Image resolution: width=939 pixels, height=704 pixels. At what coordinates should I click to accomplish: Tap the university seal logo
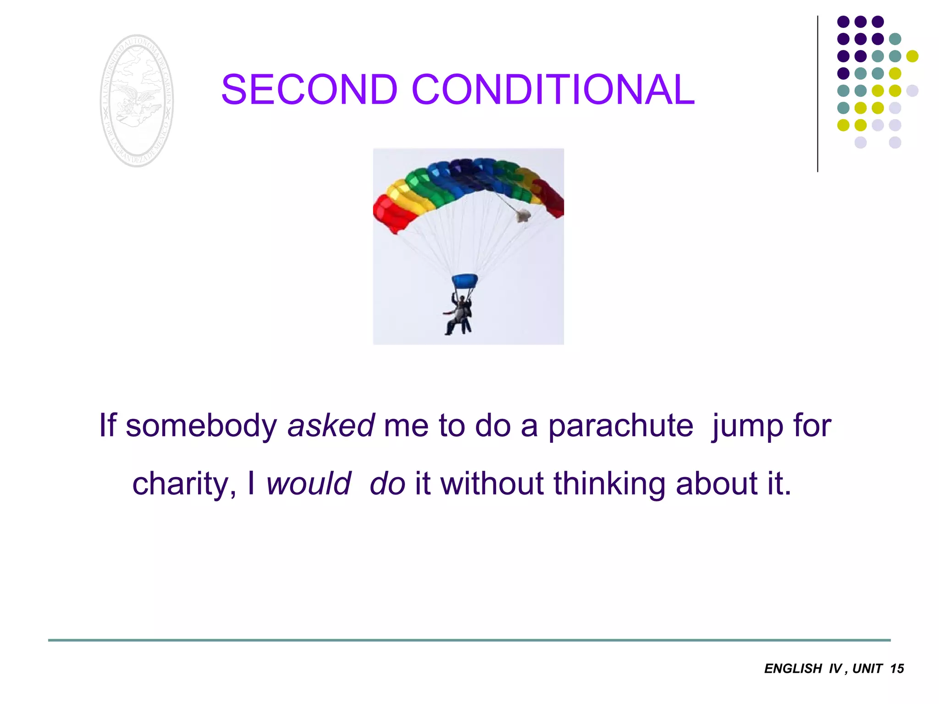137,101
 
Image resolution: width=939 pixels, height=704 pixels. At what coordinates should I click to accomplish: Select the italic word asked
331,426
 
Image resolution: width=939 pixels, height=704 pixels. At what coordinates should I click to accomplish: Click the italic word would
309,484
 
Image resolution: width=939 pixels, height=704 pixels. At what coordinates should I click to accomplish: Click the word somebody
201,426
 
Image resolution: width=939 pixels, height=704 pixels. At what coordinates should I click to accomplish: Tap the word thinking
609,484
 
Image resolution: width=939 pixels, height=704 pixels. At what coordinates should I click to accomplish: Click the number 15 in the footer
897,669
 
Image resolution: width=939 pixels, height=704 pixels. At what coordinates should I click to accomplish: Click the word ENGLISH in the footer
793,669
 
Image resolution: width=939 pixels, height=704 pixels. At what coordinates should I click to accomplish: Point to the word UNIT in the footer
867,669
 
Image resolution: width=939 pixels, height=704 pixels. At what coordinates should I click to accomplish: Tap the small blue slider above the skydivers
464,280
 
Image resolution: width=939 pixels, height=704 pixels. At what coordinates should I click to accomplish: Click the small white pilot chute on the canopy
523,215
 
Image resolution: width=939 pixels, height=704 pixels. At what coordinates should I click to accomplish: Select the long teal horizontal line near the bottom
469,640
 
